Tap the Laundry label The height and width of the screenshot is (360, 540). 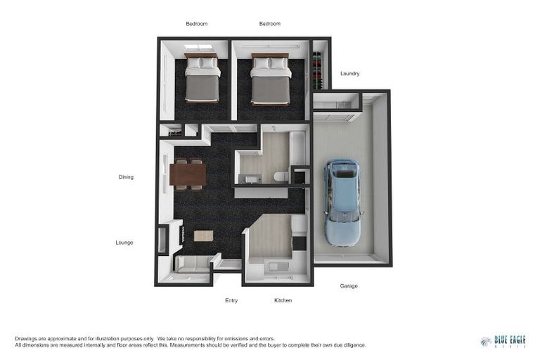pos(350,74)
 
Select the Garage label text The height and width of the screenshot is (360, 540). pos(349,286)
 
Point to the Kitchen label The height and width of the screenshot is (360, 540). pos(283,300)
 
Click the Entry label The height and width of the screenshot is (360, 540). pos(231,300)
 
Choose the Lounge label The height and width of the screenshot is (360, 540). pos(124,243)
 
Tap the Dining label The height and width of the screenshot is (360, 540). pos(126,177)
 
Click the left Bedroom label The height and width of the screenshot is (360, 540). pos(197,24)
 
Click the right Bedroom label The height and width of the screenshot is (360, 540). pos(270,24)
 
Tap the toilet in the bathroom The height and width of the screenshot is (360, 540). pos(280,176)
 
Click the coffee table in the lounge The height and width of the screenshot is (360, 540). pos(203,236)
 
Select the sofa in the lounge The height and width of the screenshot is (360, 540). pos(191,264)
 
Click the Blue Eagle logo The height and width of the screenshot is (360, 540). pos(503,341)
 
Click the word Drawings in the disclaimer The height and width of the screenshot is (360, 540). pos(26,338)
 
